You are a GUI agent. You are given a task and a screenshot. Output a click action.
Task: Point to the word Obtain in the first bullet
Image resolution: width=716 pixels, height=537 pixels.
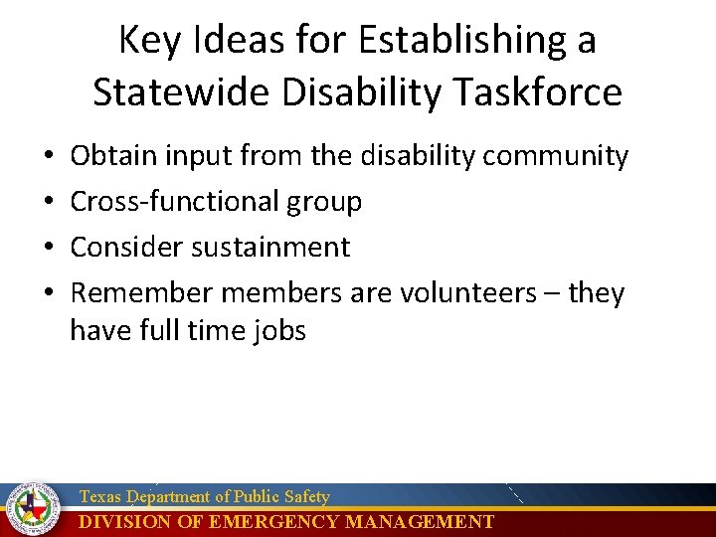click(111, 156)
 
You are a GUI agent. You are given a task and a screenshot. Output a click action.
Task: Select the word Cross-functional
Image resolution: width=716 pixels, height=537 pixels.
click(175, 202)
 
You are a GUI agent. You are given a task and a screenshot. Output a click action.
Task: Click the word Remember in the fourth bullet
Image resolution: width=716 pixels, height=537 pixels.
click(141, 293)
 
